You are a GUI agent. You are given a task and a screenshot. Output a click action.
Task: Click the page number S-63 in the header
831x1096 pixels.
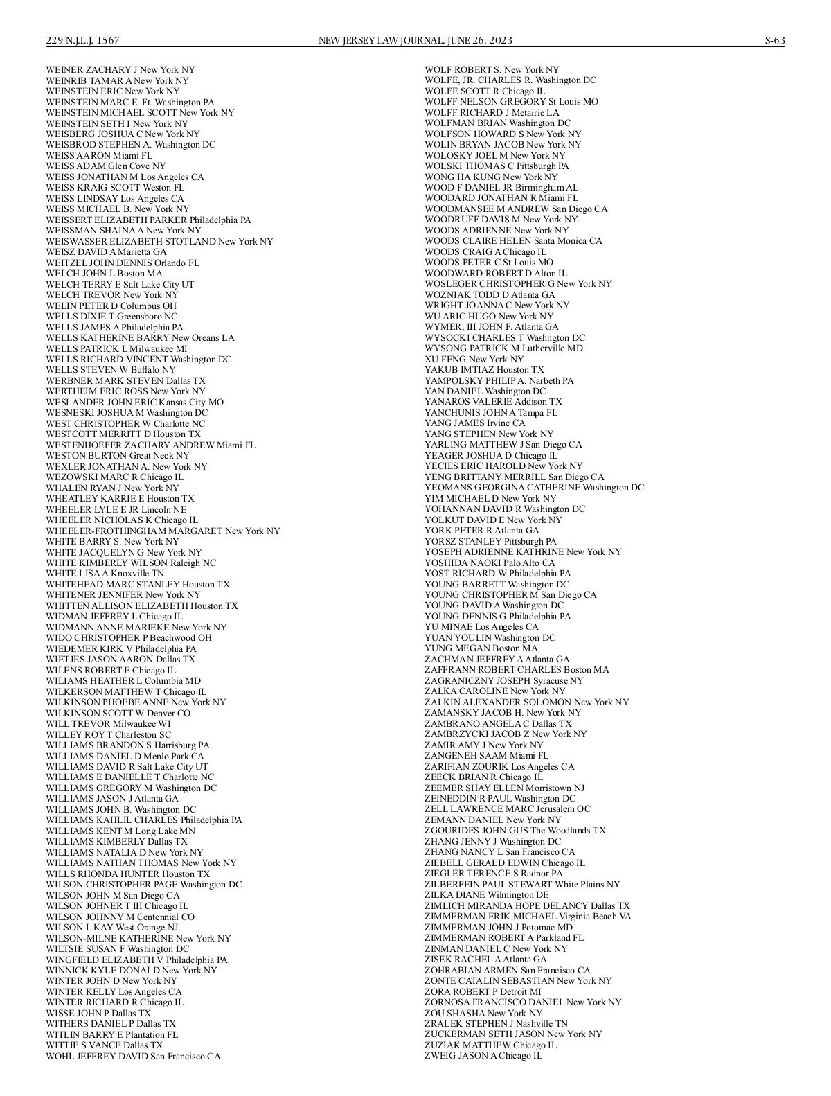774,40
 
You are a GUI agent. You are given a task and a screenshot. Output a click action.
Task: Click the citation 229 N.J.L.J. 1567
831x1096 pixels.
82,40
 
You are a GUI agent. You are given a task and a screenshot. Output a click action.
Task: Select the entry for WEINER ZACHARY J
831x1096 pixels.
120,70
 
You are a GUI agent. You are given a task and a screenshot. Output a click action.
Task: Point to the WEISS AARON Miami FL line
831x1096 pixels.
99,156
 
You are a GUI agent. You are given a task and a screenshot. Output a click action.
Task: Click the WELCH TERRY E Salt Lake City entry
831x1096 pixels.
120,284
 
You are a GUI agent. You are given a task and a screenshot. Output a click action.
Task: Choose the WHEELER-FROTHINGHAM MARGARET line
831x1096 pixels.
163,531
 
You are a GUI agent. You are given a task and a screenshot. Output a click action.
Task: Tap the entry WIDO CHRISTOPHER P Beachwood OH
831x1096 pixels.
129,638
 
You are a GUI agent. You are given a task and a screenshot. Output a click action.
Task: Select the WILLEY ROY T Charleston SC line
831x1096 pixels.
108,734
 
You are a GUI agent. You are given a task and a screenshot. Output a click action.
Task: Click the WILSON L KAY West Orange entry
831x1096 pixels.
111,928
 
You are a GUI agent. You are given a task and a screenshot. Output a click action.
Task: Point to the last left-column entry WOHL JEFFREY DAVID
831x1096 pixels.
133,1057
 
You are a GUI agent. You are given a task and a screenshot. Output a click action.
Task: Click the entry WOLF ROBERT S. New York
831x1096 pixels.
491,70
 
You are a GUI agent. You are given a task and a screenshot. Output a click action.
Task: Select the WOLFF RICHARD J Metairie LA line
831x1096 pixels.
492,113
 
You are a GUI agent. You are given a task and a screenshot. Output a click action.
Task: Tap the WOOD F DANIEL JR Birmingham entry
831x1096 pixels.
501,188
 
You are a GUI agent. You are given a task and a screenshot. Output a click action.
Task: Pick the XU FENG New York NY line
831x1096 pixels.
474,359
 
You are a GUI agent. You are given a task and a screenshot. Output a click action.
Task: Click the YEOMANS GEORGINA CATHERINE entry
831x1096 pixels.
534,488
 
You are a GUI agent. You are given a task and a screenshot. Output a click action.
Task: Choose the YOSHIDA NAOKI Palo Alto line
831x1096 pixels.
490,563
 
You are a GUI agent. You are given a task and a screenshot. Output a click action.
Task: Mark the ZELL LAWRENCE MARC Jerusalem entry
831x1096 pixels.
507,809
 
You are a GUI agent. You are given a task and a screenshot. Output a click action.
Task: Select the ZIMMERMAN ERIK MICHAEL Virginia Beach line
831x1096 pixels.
528,917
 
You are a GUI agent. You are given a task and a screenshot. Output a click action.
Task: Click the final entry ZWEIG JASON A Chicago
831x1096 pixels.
483,1056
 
